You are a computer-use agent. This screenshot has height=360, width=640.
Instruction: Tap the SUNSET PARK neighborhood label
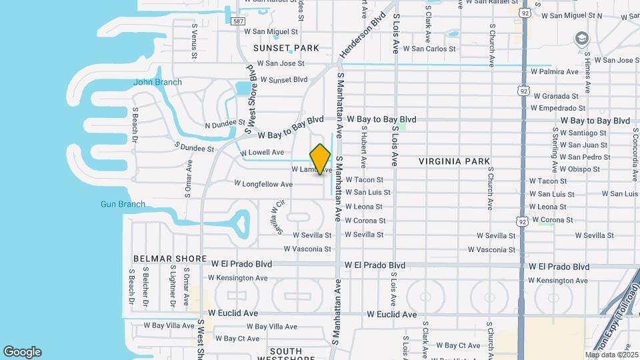click(x=286, y=48)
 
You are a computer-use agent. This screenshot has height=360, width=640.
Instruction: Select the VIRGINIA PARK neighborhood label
click(x=455, y=161)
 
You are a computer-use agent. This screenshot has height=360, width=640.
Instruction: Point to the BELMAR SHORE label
click(x=163, y=258)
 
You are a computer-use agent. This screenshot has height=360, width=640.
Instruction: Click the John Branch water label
click(x=157, y=82)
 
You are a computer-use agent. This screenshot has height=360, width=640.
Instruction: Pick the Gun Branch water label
click(x=123, y=204)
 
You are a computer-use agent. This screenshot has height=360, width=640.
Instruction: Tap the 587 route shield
click(x=238, y=21)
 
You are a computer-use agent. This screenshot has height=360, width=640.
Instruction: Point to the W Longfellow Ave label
click(x=263, y=184)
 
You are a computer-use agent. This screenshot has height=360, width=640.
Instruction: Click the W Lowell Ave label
click(x=262, y=153)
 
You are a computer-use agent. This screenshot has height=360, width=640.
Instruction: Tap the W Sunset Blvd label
click(x=283, y=79)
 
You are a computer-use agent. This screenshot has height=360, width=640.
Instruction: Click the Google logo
click(x=22, y=352)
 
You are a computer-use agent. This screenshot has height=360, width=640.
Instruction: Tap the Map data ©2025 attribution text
click(x=611, y=355)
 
